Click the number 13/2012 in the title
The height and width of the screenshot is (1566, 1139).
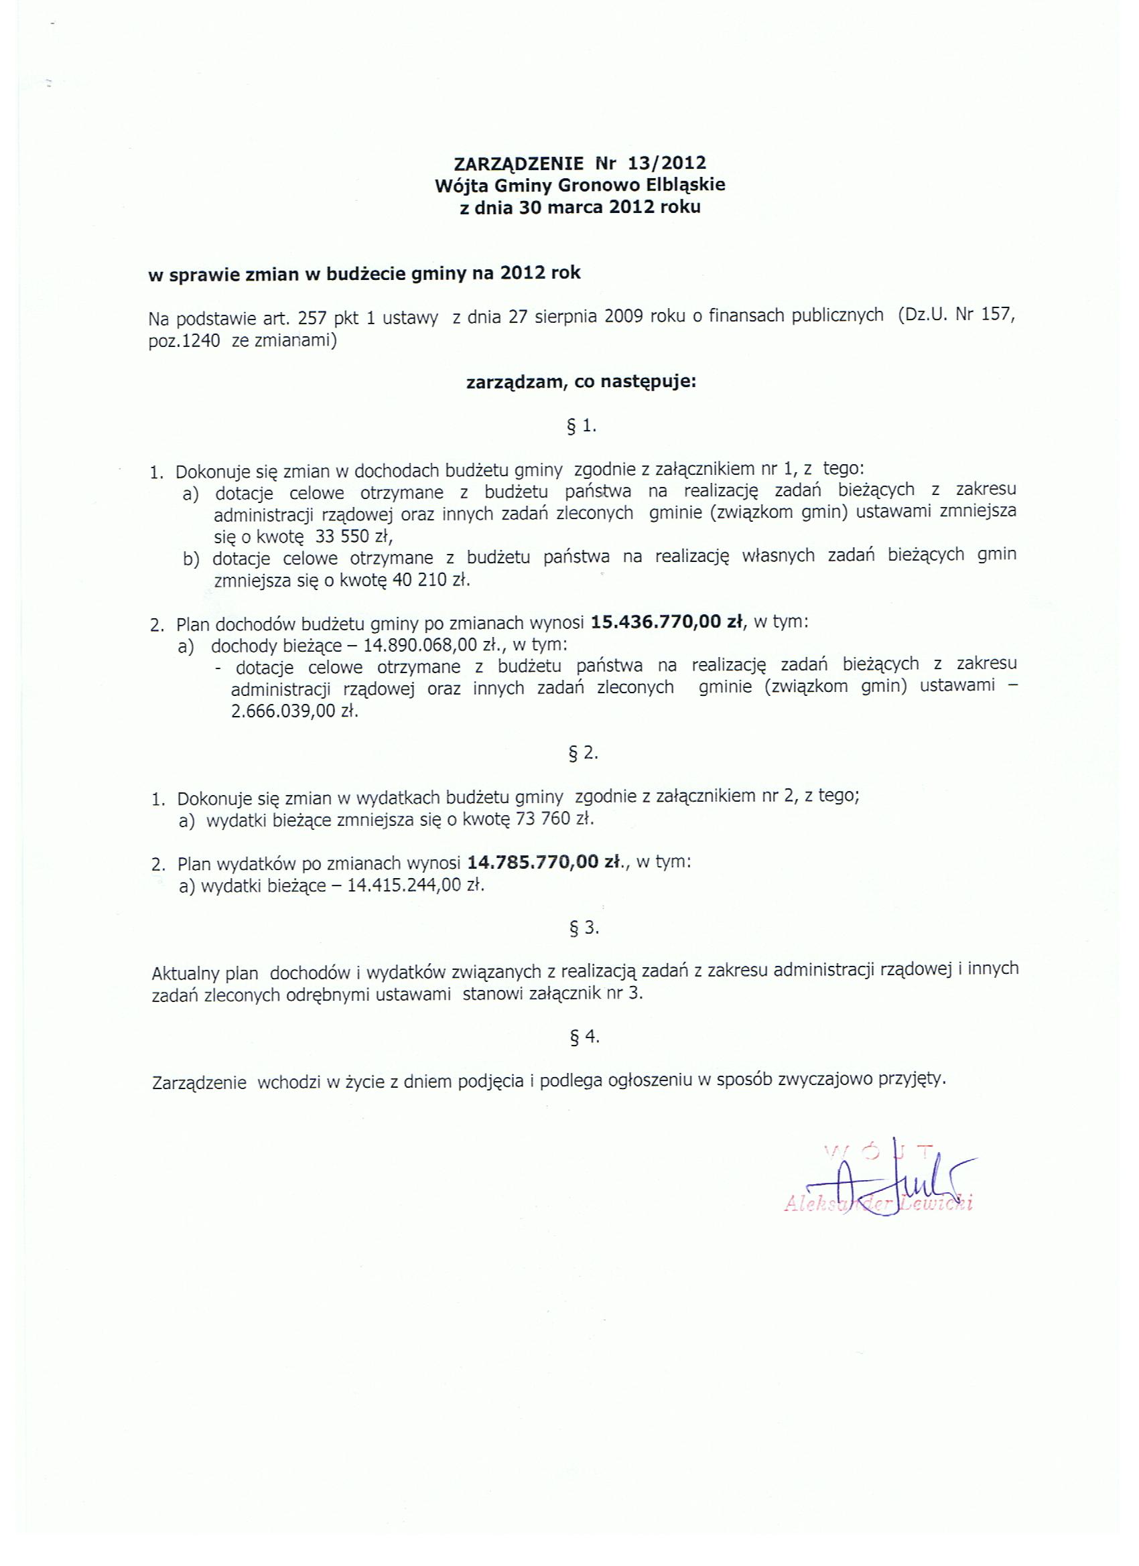point(667,163)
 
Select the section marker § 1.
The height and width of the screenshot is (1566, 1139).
point(581,427)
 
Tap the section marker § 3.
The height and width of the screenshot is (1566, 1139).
point(584,928)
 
